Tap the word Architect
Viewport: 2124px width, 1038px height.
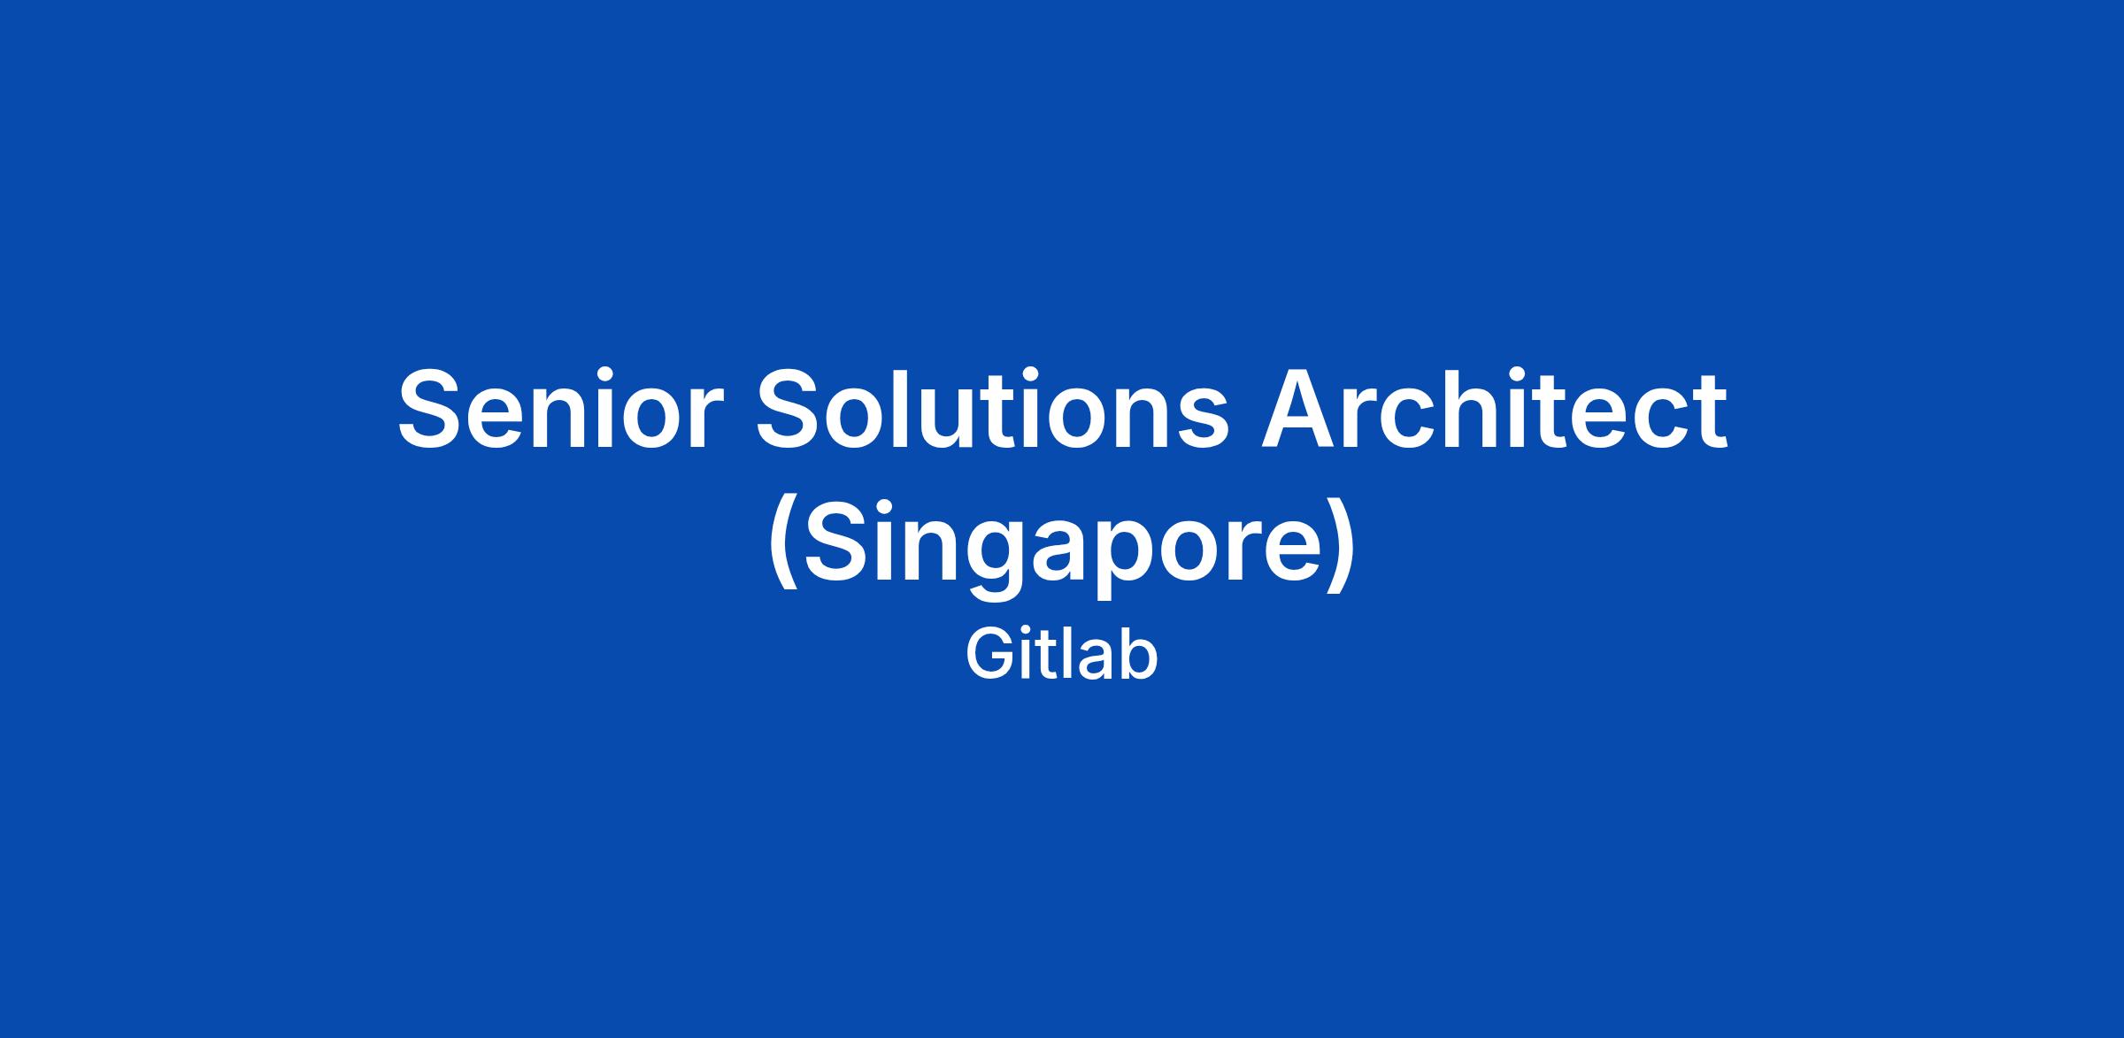pyautogui.click(x=1494, y=410)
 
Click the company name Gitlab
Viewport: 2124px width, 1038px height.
pyautogui.click(x=1062, y=656)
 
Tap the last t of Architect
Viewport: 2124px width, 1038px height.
pyautogui.click(x=1708, y=412)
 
